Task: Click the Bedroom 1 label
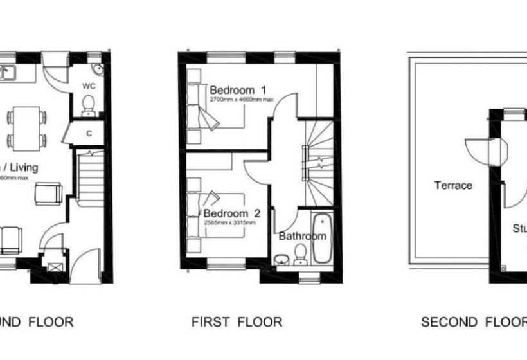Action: pos(238,90)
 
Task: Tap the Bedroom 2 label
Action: pos(232,213)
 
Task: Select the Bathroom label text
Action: pos(302,236)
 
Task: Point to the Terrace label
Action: pos(453,185)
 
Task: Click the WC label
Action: pos(89,85)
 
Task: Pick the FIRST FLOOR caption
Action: pos(237,321)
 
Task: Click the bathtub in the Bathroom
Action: pos(321,239)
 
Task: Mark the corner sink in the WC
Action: pos(96,70)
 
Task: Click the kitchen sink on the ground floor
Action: pos(8,73)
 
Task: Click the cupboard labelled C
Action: pos(89,134)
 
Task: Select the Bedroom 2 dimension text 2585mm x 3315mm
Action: pos(229,222)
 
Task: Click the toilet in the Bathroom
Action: pos(299,258)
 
